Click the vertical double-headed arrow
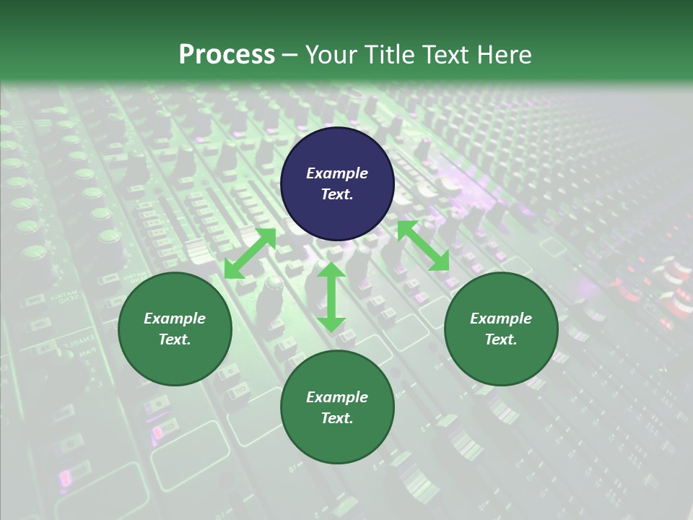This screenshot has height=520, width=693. point(331,298)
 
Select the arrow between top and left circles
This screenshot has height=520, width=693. point(250,253)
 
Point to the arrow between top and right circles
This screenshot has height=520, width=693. point(423,246)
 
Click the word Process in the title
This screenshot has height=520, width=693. point(227,54)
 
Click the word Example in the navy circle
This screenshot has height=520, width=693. point(337,173)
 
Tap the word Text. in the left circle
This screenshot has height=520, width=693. point(175,339)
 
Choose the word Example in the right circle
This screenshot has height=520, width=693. point(501,318)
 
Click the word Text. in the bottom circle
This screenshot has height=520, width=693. point(337,418)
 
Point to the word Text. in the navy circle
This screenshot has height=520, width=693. point(337,194)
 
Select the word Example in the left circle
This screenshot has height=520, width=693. point(175,318)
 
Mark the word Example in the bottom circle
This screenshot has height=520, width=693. point(337,397)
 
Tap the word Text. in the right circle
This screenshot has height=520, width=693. point(501,339)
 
